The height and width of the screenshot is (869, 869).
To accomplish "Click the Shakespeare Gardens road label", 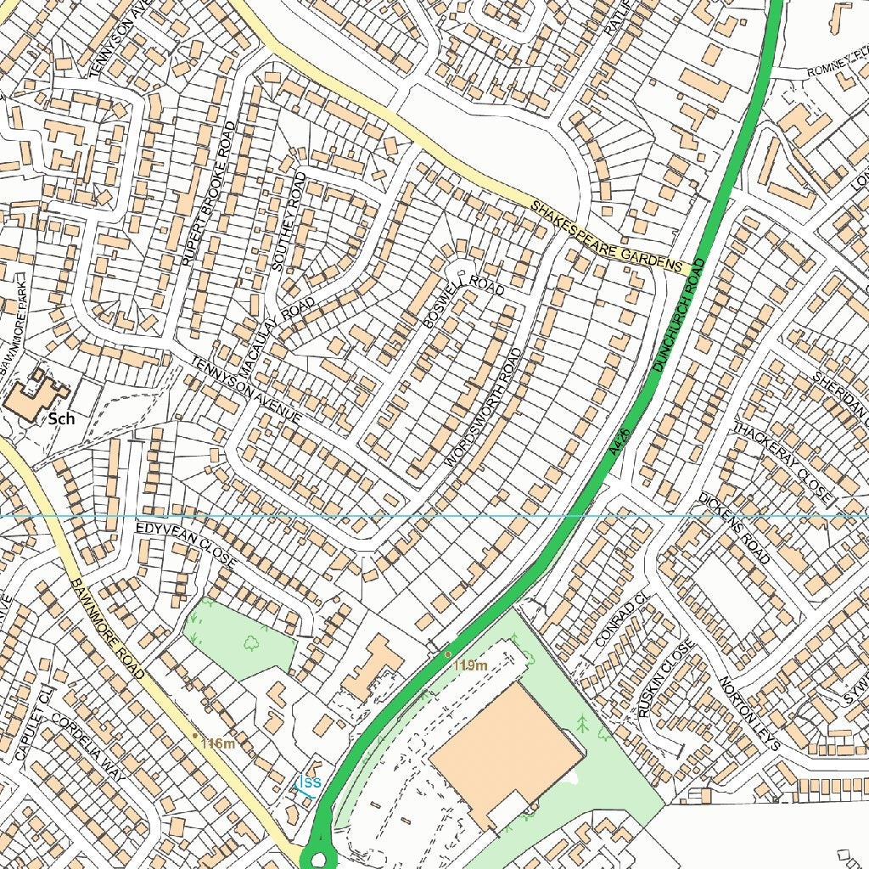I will coord(608,238).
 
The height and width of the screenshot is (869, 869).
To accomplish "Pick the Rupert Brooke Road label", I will coord(209,193).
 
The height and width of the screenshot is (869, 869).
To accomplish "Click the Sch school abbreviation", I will coord(62,418).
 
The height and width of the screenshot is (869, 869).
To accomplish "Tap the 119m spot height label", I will coord(471,665).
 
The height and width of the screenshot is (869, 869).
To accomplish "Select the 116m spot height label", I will coord(218,743).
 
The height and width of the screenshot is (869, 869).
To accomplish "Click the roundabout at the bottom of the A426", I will coord(319,859).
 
